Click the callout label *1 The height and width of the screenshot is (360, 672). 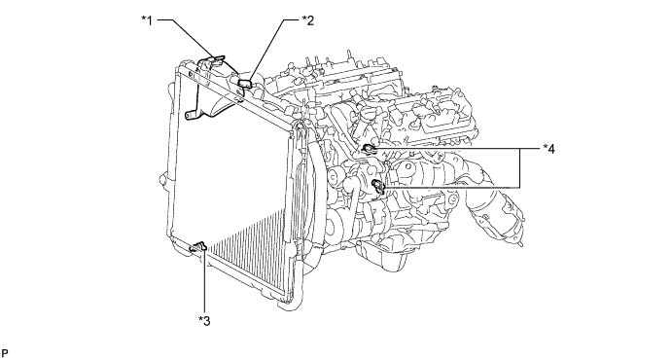tap(147, 20)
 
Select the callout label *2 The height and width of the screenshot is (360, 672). tap(308, 20)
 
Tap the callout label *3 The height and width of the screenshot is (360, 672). tap(204, 320)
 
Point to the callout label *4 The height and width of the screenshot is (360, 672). tap(549, 149)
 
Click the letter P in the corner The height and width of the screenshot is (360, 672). tap(5, 353)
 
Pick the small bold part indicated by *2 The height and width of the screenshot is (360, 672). tap(246, 83)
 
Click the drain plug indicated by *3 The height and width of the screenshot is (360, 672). tap(198, 246)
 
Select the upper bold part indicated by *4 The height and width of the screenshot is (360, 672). tap(369, 149)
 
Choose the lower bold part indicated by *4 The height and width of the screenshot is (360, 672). tap(379, 185)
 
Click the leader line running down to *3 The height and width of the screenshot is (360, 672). tap(205, 282)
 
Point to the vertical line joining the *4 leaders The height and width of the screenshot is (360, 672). tap(520, 168)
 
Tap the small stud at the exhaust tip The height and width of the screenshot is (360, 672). tap(520, 244)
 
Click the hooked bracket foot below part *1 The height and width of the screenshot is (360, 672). tap(190, 115)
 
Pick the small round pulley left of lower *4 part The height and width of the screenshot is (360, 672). tap(334, 176)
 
